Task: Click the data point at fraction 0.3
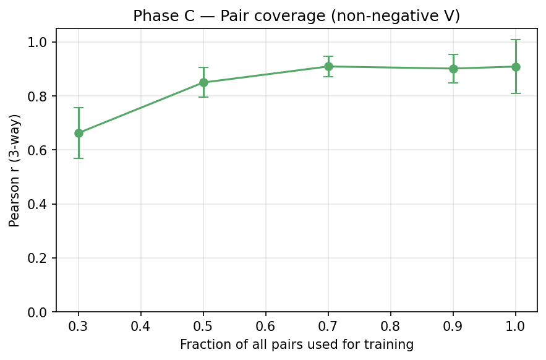coord(79,133)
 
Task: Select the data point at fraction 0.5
coord(203,82)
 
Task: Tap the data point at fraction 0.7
coord(328,66)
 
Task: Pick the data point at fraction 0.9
coord(453,69)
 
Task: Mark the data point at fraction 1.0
coord(516,67)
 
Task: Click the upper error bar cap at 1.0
coord(516,40)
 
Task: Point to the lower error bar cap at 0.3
coord(79,158)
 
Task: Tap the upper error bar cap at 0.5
coord(203,67)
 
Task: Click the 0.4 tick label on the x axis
coord(141,325)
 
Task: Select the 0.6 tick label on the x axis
coord(266,325)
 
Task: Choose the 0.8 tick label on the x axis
coord(391,325)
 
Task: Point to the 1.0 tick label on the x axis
coord(516,325)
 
